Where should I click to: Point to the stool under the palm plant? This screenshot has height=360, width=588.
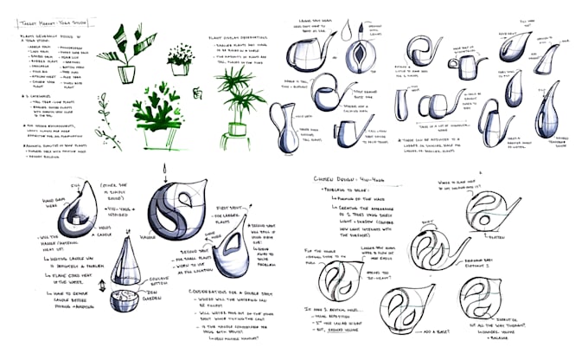(x=233, y=142)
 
